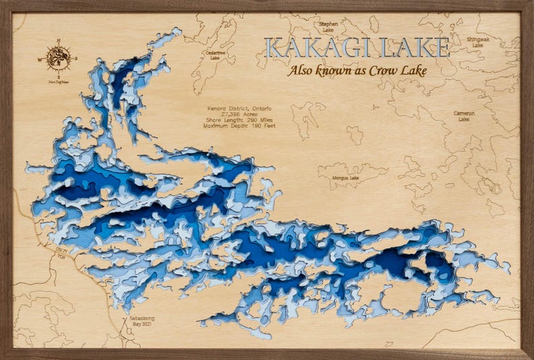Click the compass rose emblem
59,58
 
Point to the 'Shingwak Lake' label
478,42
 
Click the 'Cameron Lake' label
464,116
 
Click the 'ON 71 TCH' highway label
62,253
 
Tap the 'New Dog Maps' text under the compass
59,79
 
